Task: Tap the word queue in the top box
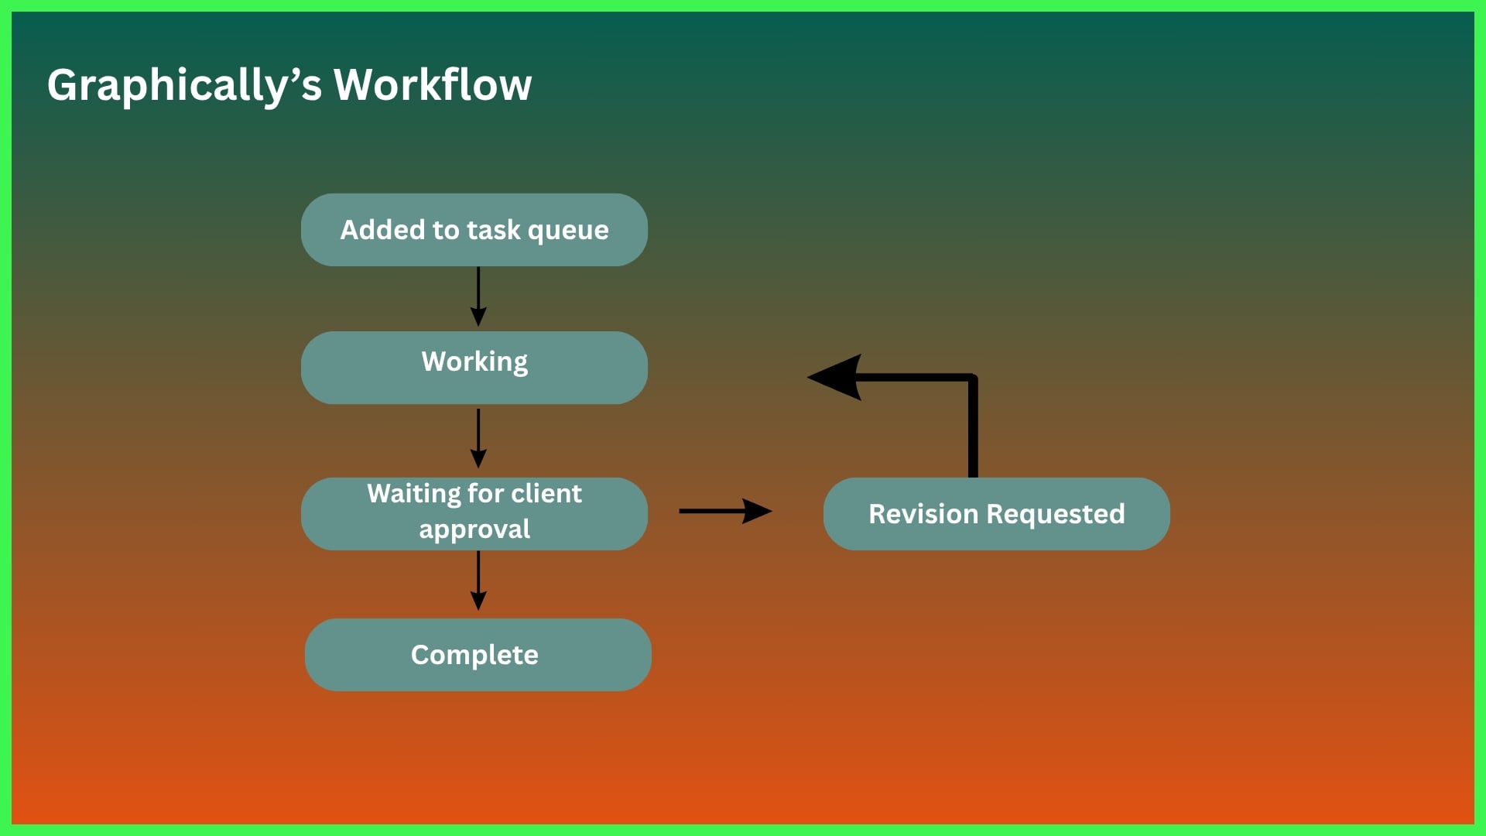pos(568,231)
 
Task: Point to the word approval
pos(474,529)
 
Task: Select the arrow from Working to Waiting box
pos(478,438)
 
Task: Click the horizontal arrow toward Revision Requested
pos(724,511)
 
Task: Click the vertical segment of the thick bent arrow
pos(973,430)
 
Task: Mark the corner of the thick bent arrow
pos(972,379)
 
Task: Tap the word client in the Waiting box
pos(546,494)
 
